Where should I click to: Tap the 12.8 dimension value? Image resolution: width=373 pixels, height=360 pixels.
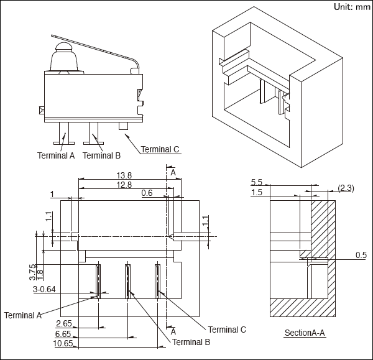tap(124, 185)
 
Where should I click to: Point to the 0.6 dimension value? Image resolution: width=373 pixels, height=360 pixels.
tap(147, 193)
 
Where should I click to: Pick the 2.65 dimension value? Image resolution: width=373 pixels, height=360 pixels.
tap(64, 323)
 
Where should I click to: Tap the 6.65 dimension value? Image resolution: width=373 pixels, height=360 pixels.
tap(64, 333)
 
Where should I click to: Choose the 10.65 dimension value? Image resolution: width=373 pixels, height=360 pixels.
tap(64, 343)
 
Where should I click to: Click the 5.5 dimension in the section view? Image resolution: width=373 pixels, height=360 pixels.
tap(257, 182)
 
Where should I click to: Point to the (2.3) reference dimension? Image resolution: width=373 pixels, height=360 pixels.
tap(346, 188)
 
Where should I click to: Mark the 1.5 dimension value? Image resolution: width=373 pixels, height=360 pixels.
tap(257, 193)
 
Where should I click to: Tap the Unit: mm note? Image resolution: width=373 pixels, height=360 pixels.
tap(352, 7)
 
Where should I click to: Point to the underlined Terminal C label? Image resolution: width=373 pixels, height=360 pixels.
tap(160, 149)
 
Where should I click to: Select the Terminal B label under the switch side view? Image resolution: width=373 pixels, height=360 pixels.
tap(101, 155)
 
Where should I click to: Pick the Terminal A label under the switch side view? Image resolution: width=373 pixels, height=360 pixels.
tap(56, 155)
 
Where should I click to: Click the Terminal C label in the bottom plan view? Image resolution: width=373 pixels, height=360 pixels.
tap(228, 329)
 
